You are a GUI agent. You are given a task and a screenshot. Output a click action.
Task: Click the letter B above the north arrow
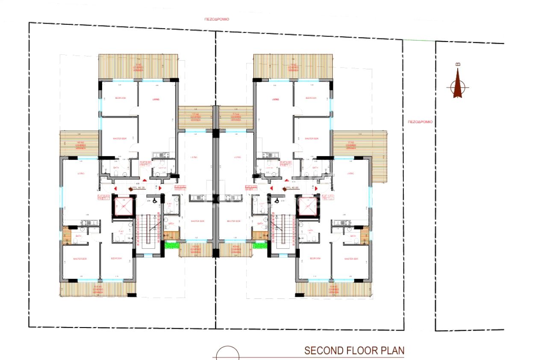(x=458, y=65)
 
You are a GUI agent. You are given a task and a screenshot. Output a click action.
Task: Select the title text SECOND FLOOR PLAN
(x=354, y=351)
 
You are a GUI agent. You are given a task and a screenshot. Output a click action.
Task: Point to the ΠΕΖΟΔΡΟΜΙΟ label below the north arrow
(x=420, y=122)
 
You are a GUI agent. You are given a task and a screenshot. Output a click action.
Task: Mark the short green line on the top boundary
(x=419, y=41)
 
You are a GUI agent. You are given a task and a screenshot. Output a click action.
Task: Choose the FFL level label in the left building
(x=138, y=187)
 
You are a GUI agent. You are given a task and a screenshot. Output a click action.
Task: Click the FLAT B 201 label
(x=146, y=163)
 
